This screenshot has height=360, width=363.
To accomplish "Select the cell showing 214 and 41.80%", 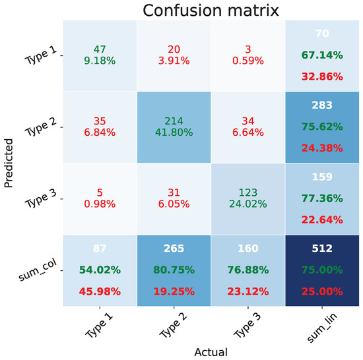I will click(174, 127).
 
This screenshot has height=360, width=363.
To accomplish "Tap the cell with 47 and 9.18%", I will click(99, 56).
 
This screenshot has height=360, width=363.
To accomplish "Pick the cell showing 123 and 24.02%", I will click(248, 198).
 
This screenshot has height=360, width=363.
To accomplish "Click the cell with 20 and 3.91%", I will click(174, 56).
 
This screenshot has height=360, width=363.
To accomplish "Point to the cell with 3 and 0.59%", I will click(248, 56).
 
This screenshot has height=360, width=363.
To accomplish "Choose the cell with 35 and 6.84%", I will click(99, 127).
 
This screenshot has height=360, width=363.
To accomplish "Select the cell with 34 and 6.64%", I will click(248, 127).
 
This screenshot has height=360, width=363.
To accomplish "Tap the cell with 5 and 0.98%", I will click(99, 198).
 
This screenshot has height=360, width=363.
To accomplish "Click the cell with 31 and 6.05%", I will click(174, 198).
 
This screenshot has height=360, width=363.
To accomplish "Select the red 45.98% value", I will click(99, 291).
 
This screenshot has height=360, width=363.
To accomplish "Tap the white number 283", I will click(323, 104).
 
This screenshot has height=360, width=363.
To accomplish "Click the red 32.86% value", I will click(323, 76).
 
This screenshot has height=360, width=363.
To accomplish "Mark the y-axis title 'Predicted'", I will click(9, 163).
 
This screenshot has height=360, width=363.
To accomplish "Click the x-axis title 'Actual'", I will click(211, 353).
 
